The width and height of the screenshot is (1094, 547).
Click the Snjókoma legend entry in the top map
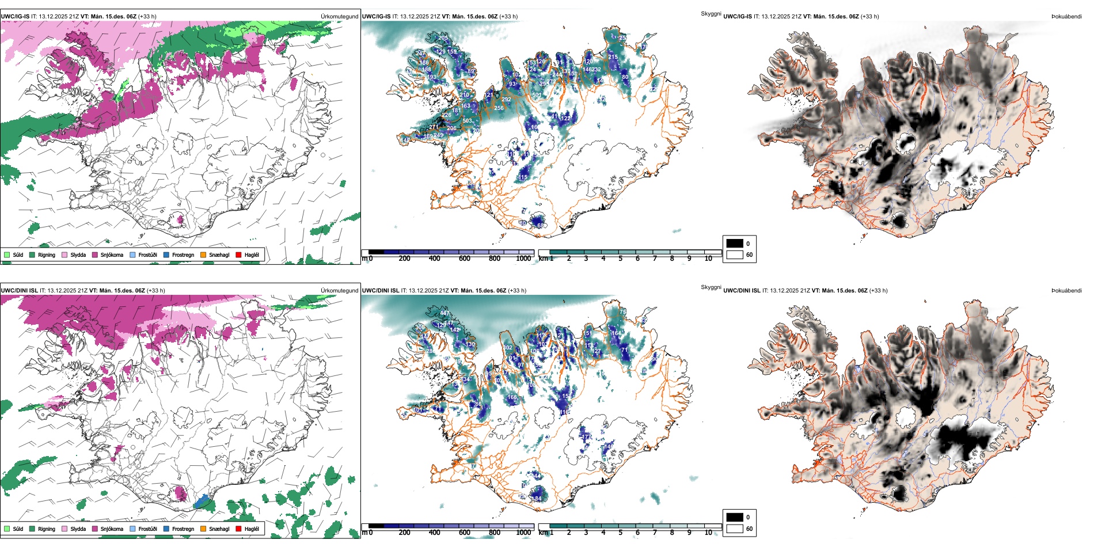click(112, 254)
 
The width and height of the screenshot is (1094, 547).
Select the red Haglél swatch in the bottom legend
click(239, 529)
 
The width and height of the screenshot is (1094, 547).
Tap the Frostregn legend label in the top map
click(183, 254)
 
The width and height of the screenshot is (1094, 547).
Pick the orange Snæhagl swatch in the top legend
click(203, 254)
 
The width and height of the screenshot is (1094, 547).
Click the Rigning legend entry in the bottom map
click(46, 529)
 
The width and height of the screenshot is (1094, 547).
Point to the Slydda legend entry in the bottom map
click(78, 529)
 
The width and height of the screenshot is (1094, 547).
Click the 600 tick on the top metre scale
click(465, 259)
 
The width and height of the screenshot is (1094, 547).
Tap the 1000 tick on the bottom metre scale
click(523, 533)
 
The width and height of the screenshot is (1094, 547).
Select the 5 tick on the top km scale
click(620, 259)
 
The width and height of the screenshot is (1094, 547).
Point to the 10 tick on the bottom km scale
click(708, 533)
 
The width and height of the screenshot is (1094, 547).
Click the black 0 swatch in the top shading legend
click(735, 244)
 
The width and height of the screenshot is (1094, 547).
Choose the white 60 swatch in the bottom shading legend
click(735, 529)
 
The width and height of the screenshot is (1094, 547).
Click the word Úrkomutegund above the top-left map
click(339, 17)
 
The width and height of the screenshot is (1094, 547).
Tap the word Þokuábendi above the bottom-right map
click(1066, 291)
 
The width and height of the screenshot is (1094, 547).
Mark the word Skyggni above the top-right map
click(711, 13)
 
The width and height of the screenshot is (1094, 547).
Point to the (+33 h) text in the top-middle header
click(508, 17)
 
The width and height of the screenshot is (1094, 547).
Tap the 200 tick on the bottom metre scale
click(405, 533)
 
